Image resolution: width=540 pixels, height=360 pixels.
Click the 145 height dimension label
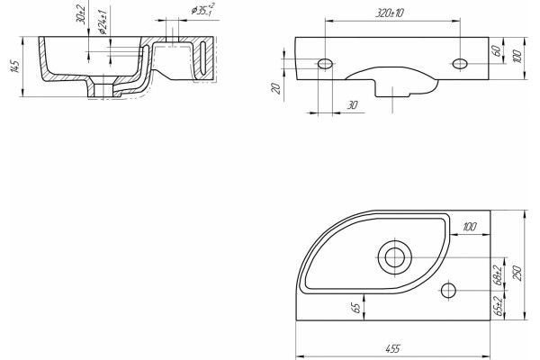[14, 67]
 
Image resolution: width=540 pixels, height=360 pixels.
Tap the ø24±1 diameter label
[103, 22]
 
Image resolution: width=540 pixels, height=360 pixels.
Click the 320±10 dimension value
[390, 13]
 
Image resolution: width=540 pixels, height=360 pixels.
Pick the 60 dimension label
[497, 50]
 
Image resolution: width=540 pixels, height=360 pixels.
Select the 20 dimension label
[276, 88]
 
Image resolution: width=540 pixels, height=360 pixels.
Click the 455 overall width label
[392, 348]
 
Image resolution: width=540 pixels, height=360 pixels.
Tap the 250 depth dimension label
[518, 273]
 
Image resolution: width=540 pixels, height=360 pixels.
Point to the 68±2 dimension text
[498, 274]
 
